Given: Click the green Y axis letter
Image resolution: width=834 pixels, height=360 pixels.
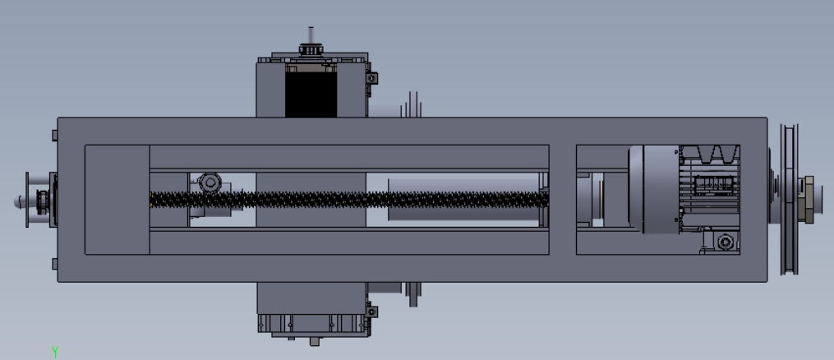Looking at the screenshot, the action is [55, 352].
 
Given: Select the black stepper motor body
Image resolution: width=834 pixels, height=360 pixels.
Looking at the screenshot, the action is [311, 95].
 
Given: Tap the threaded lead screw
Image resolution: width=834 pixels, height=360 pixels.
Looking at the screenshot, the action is [349, 200].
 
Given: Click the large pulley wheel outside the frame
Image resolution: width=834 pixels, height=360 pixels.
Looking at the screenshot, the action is [789, 200].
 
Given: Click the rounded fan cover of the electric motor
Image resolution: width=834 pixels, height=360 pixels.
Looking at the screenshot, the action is [654, 189].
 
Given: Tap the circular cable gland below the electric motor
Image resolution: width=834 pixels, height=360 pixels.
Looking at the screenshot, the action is [726, 242].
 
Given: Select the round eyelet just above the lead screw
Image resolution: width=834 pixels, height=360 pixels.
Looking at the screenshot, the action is [210, 182].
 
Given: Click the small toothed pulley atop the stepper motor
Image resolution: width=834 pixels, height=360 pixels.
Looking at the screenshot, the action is [311, 50].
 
